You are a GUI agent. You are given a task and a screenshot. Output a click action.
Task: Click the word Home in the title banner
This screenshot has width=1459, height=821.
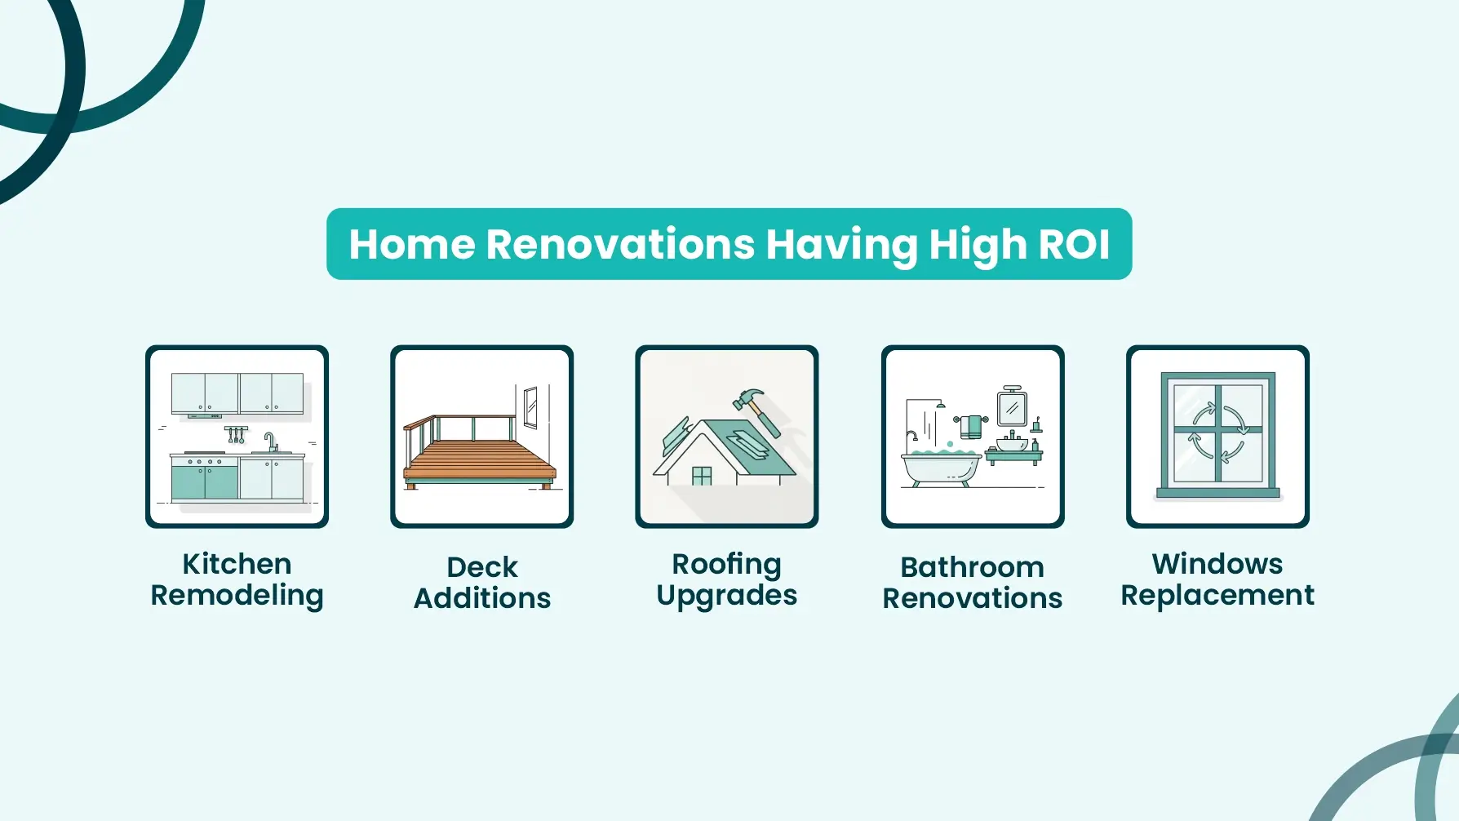412,244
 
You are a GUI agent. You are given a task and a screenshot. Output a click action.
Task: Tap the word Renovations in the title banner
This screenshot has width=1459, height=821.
621,244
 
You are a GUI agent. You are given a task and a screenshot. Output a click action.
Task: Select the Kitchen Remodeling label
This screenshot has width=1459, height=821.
237,580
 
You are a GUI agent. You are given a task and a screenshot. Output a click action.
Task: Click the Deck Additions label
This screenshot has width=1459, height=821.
482,583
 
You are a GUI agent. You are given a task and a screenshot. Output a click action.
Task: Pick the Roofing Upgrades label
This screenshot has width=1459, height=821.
727,580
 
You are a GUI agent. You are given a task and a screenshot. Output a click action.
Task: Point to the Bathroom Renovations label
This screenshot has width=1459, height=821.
973,583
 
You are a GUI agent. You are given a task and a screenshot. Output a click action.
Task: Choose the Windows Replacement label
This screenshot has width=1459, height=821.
1217,580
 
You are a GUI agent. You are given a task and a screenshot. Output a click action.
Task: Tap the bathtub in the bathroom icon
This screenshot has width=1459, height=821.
941,468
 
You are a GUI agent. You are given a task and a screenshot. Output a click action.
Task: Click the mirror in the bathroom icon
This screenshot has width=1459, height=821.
1012,406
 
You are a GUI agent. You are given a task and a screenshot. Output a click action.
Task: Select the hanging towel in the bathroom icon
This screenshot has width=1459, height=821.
971,426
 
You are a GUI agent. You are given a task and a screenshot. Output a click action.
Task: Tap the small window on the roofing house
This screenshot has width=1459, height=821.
702,476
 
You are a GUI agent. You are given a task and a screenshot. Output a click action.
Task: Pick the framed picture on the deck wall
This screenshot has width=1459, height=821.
530,407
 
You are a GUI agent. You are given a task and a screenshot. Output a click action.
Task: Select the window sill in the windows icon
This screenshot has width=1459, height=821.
1217,493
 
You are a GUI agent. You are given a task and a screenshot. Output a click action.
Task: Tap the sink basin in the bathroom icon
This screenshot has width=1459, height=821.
1012,445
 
